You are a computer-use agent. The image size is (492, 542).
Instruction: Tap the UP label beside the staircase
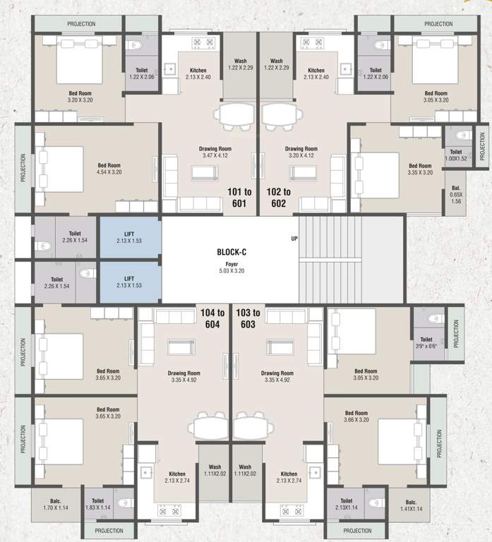pyautogui.click(x=294, y=239)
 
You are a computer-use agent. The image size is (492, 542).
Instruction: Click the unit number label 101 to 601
pyautogui.click(x=238, y=197)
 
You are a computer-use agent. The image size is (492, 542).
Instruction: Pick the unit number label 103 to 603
pyautogui.click(x=247, y=318)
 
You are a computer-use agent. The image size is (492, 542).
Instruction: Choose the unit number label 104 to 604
pyautogui.click(x=212, y=318)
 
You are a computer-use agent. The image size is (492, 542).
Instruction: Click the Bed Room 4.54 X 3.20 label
pyautogui.click(x=109, y=169)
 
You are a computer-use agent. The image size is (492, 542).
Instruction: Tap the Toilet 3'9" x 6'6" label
pyautogui.click(x=426, y=342)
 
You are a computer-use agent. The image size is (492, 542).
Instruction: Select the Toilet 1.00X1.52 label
pyautogui.click(x=456, y=155)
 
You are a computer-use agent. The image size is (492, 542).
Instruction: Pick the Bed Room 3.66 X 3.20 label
pyautogui.click(x=356, y=416)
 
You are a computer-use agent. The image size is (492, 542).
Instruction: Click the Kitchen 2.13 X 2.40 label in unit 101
pyautogui.click(x=198, y=74)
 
